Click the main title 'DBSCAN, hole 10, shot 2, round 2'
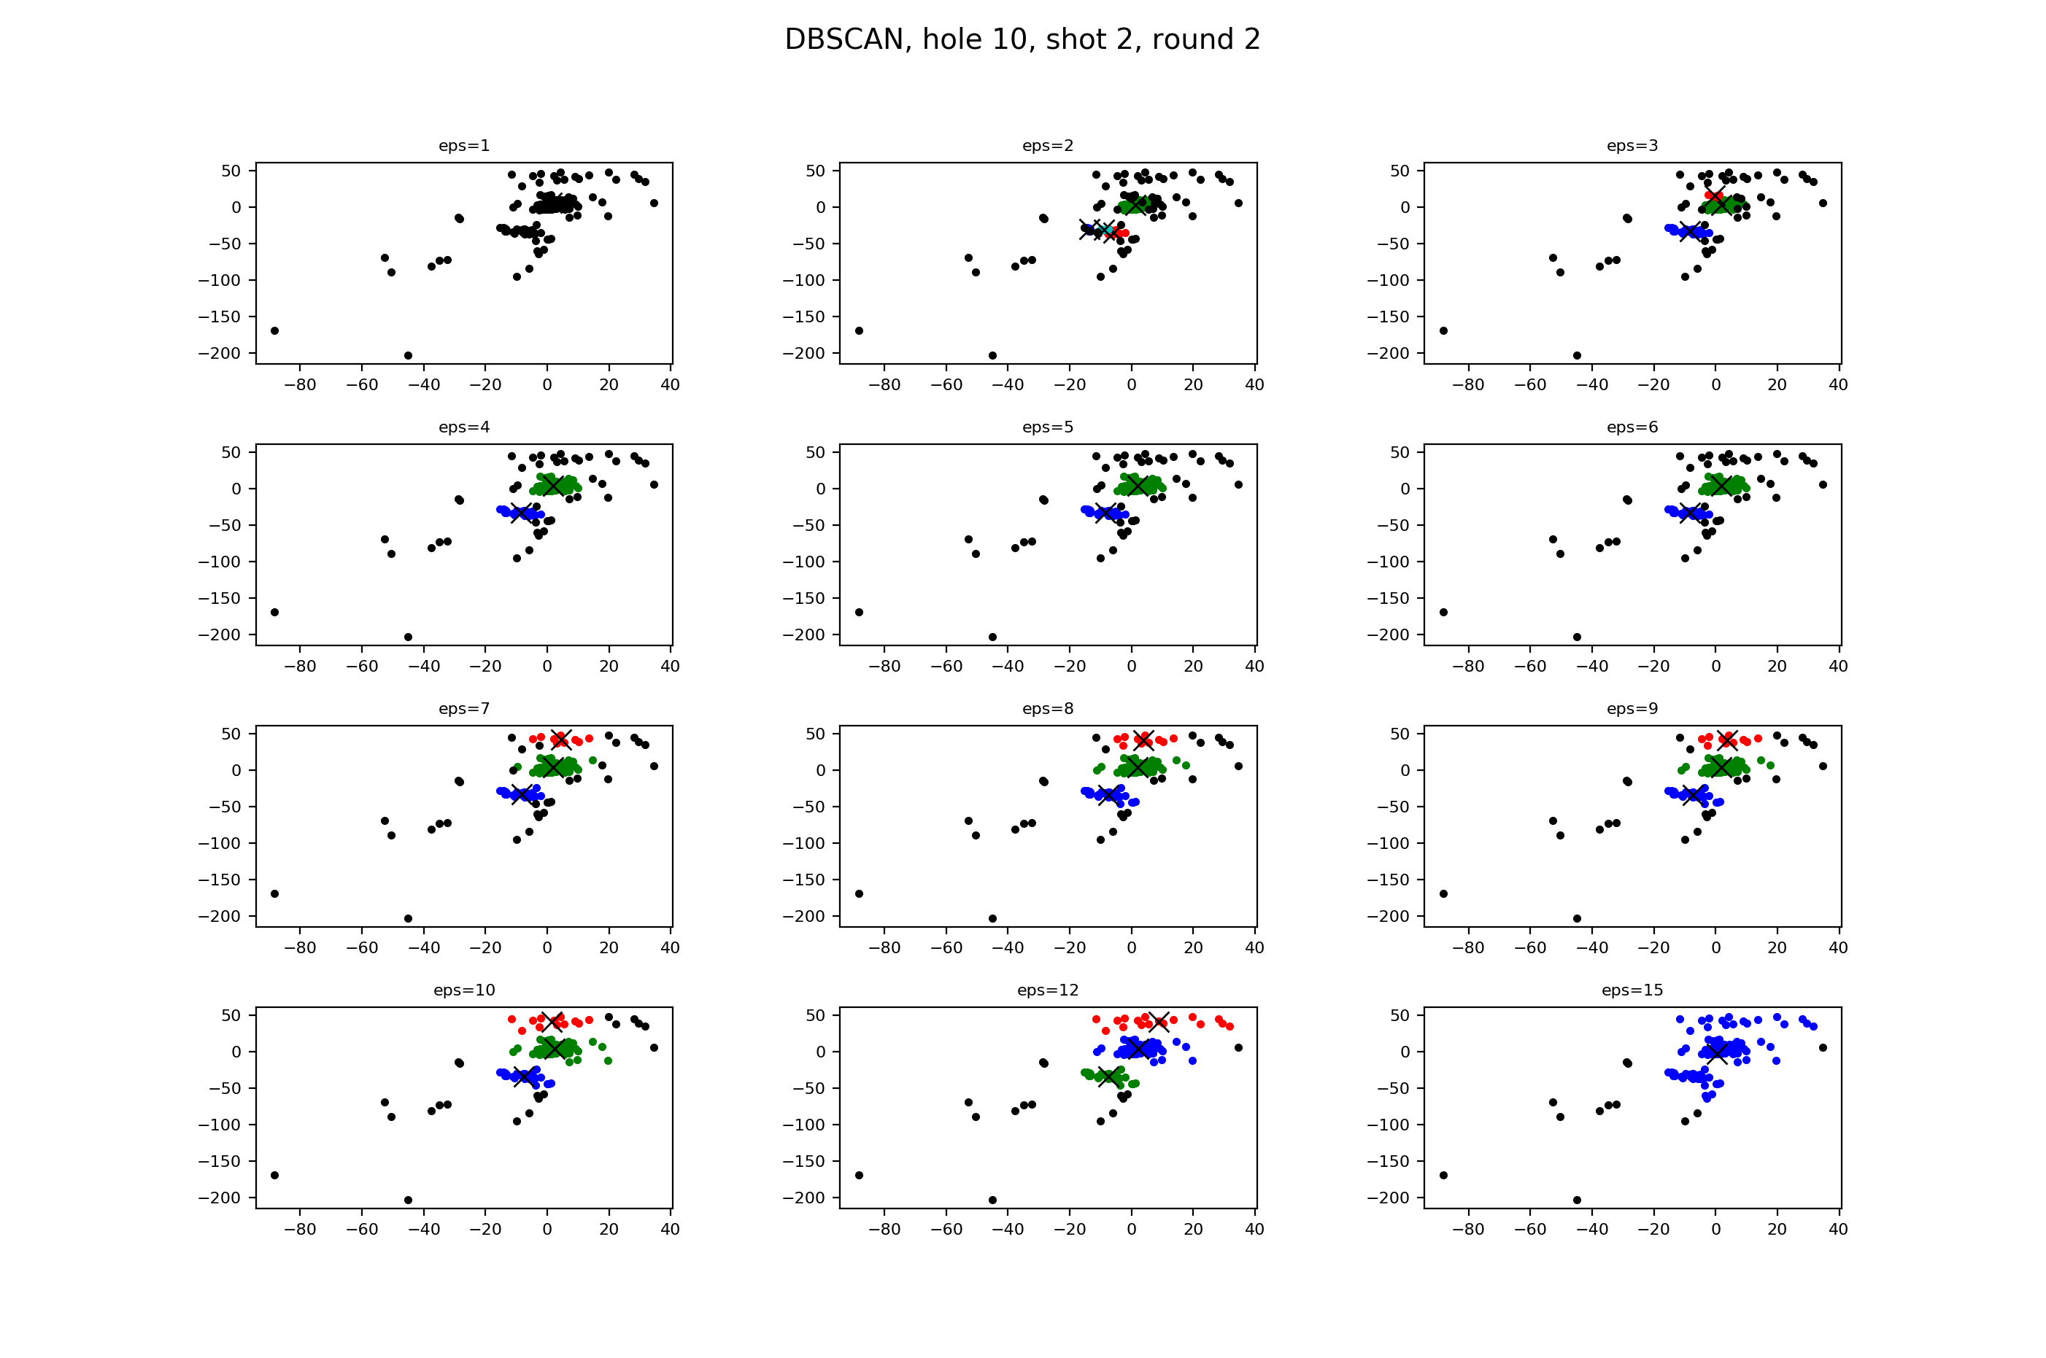pyautogui.click(x=1022, y=40)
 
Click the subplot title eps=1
pyautogui.click(x=463, y=146)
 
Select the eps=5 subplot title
pyautogui.click(x=1047, y=427)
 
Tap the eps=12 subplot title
pyautogui.click(x=1047, y=990)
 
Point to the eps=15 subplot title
pyautogui.click(x=1632, y=990)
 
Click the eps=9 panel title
pyautogui.click(x=1632, y=708)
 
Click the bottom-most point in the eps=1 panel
pyautogui.click(x=408, y=356)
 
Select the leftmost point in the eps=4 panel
pyautogui.click(x=274, y=613)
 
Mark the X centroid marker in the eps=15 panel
pyautogui.click(x=1716, y=1052)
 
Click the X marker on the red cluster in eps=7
pyautogui.click(x=560, y=740)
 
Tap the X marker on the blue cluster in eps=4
pyautogui.click(x=520, y=513)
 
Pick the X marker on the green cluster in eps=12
pyautogui.click(x=1108, y=1076)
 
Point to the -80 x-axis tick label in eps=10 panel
pyautogui.click(x=300, y=1229)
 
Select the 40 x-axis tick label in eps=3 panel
pyautogui.click(x=1838, y=384)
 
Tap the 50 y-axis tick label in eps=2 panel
pyautogui.click(x=815, y=171)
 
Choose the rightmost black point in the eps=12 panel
pyautogui.click(x=1239, y=1048)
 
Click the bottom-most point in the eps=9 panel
pyautogui.click(x=1577, y=919)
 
